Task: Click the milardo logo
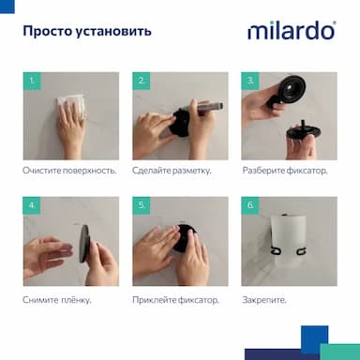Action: pyautogui.click(x=292, y=31)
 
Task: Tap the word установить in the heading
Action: pyautogui.click(x=113, y=32)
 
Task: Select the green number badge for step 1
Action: pyautogui.click(x=32, y=81)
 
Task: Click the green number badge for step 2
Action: pyautogui.click(x=142, y=81)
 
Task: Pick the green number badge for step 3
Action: pyautogui.click(x=250, y=81)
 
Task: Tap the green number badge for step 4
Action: pyautogui.click(x=32, y=205)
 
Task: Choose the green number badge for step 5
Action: pyautogui.click(x=142, y=205)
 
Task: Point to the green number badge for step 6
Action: pyautogui.click(x=250, y=205)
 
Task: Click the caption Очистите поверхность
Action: pyautogui.click(x=69, y=171)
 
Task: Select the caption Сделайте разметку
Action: pyautogui.click(x=172, y=171)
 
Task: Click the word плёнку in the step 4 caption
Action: pyautogui.click(x=76, y=300)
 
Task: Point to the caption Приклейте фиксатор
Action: pyautogui.click(x=175, y=300)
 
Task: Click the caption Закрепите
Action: pyautogui.click(x=264, y=300)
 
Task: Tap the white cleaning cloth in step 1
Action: pyautogui.click(x=71, y=107)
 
